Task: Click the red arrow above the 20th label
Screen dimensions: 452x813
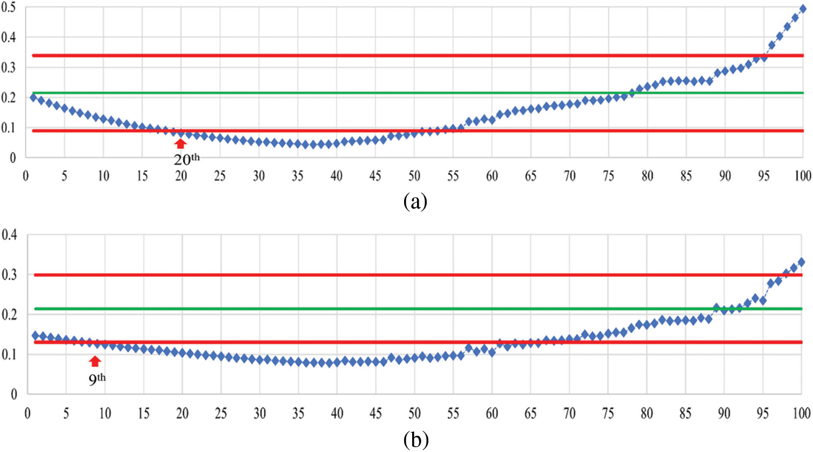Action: point(181,143)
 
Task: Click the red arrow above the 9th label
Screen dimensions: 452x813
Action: point(95,361)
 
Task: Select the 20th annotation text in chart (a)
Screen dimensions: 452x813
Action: point(186,159)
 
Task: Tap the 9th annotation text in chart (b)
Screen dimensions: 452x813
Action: point(97,378)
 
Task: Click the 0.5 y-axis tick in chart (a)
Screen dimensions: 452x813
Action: point(9,8)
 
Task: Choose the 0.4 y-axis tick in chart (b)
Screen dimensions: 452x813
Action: point(10,235)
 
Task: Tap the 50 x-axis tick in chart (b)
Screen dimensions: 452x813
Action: point(414,414)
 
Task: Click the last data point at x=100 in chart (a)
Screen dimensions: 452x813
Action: point(803,9)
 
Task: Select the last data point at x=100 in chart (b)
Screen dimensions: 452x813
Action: point(802,262)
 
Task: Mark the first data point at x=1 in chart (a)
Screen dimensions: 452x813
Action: point(33,98)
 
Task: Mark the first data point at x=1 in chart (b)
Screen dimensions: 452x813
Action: point(36,336)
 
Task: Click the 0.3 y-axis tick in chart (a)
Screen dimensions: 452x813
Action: point(9,68)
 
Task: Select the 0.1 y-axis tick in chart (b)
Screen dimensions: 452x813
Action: point(10,355)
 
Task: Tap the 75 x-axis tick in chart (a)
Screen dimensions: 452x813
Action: point(609,176)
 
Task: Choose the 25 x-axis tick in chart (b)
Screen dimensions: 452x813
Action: point(221,414)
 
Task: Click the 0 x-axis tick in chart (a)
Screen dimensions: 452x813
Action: point(26,176)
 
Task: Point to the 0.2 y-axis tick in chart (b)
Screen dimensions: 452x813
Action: point(10,315)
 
